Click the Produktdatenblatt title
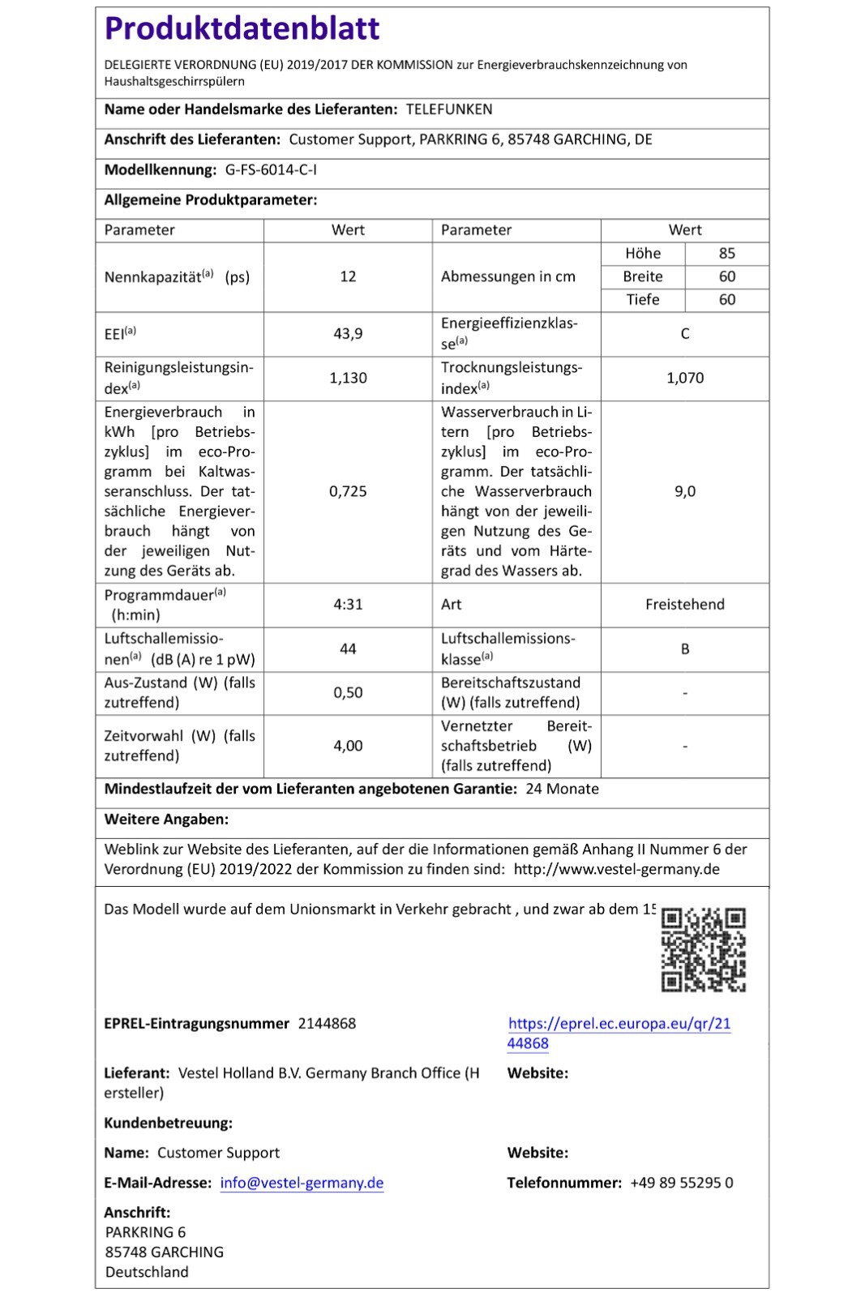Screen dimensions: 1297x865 click(x=242, y=29)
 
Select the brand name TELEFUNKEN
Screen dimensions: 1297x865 click(x=448, y=109)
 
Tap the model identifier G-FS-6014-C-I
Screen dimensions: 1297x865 click(x=271, y=170)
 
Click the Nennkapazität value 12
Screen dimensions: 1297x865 click(x=348, y=277)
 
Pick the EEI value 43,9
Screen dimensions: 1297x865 click(x=348, y=334)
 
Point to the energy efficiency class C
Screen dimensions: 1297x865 click(x=685, y=334)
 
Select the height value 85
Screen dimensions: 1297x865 click(x=727, y=254)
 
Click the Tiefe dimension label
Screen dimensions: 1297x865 click(x=643, y=300)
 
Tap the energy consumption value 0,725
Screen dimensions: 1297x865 click(x=348, y=491)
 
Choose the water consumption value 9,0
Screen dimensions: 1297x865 click(x=685, y=491)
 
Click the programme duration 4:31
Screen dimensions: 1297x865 click(x=348, y=605)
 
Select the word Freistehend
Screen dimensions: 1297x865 click(x=685, y=605)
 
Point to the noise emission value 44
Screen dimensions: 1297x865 click(x=348, y=649)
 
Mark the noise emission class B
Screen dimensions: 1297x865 click(x=685, y=649)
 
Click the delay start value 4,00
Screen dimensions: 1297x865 click(x=348, y=746)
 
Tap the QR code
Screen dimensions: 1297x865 click(x=704, y=950)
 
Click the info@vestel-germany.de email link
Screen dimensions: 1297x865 click(x=302, y=1184)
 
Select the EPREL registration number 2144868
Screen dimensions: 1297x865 click(x=327, y=1024)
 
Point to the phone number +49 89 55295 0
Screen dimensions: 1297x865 click(x=681, y=1184)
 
